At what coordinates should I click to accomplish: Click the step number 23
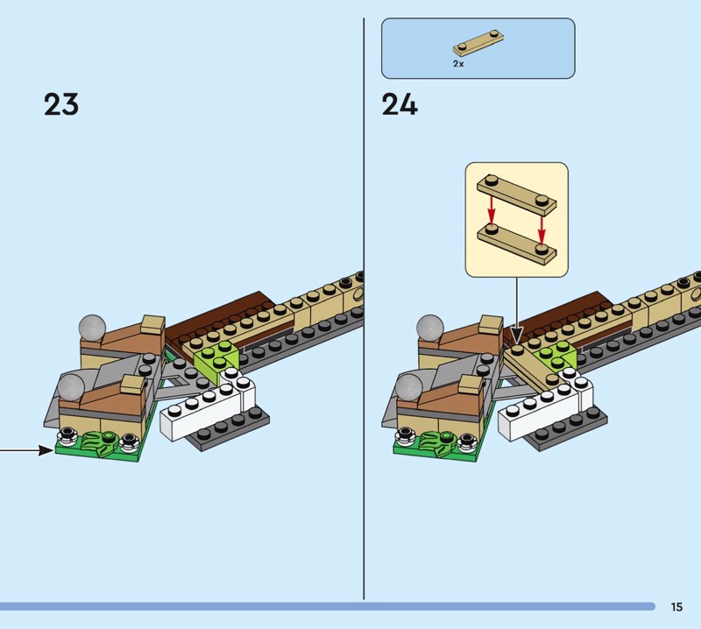[x=61, y=104]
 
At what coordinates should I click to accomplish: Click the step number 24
[x=400, y=104]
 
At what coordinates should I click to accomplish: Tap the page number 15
[x=676, y=606]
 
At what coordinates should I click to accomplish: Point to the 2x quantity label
[x=458, y=64]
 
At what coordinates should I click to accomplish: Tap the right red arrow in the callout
[x=542, y=230]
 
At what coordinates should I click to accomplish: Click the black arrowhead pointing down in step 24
[x=517, y=335]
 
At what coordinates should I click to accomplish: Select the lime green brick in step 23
[x=216, y=358]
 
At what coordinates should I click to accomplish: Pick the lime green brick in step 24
[x=557, y=356]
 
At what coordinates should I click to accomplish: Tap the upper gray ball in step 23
[x=92, y=328]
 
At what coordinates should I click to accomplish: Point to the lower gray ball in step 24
[x=408, y=387]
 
